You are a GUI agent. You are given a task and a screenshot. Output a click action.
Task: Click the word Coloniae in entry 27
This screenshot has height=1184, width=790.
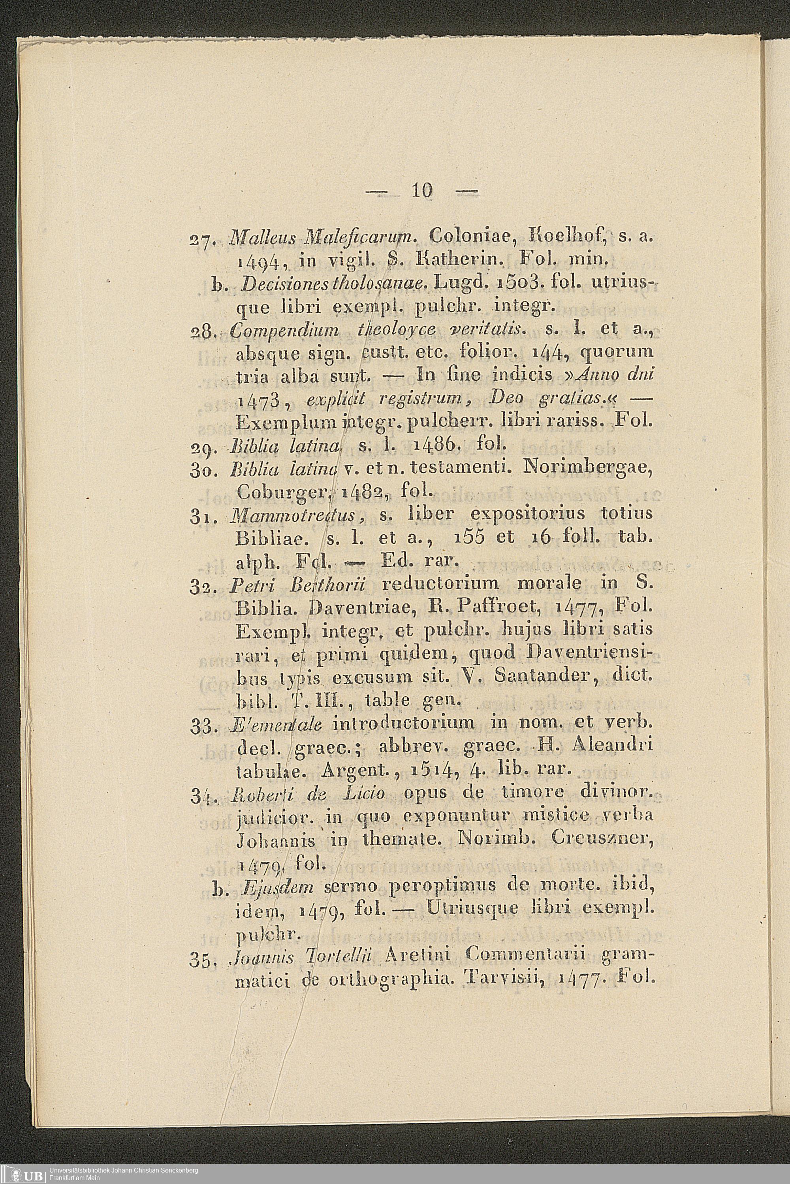tap(470, 236)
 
